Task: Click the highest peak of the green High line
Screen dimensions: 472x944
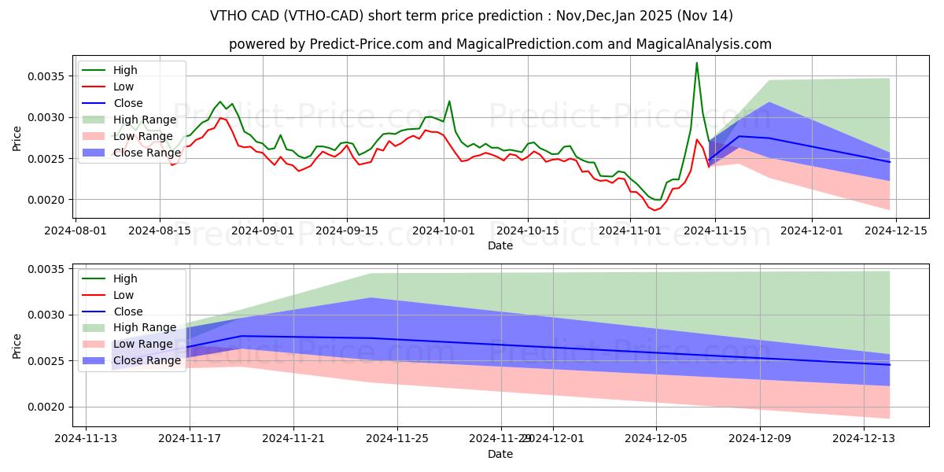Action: tap(696, 63)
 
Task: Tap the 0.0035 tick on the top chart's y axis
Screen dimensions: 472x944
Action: tap(47, 76)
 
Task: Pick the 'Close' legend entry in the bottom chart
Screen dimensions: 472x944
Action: tap(128, 312)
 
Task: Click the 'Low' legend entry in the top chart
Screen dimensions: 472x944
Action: tap(124, 87)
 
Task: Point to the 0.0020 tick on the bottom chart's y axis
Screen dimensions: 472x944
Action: tap(47, 407)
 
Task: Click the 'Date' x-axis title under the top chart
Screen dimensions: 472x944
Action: tap(500, 245)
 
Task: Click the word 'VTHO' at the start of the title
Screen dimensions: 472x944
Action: tap(227, 16)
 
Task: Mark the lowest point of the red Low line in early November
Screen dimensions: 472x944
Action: tap(655, 210)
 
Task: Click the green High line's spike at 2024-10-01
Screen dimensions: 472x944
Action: tap(449, 101)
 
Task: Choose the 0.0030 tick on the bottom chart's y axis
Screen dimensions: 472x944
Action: tap(47, 315)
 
